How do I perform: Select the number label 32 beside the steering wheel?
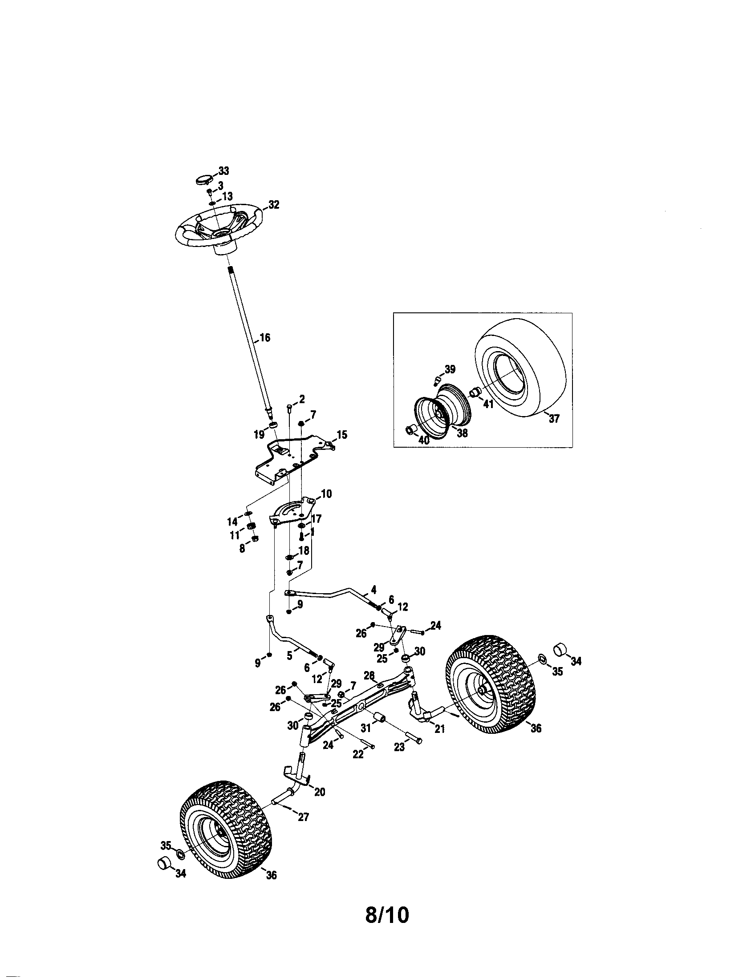pos(273,205)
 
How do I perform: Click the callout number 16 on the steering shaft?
pos(265,338)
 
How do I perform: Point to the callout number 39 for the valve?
pos(450,369)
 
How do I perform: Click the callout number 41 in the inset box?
pos(488,404)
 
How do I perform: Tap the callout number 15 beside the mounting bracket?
pos(341,434)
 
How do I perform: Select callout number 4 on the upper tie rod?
pos(373,590)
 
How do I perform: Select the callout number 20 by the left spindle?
pos(319,792)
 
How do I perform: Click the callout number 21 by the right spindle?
pos(440,729)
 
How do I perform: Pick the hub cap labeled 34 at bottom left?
pos(165,862)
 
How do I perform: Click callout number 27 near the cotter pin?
pos(304,817)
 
